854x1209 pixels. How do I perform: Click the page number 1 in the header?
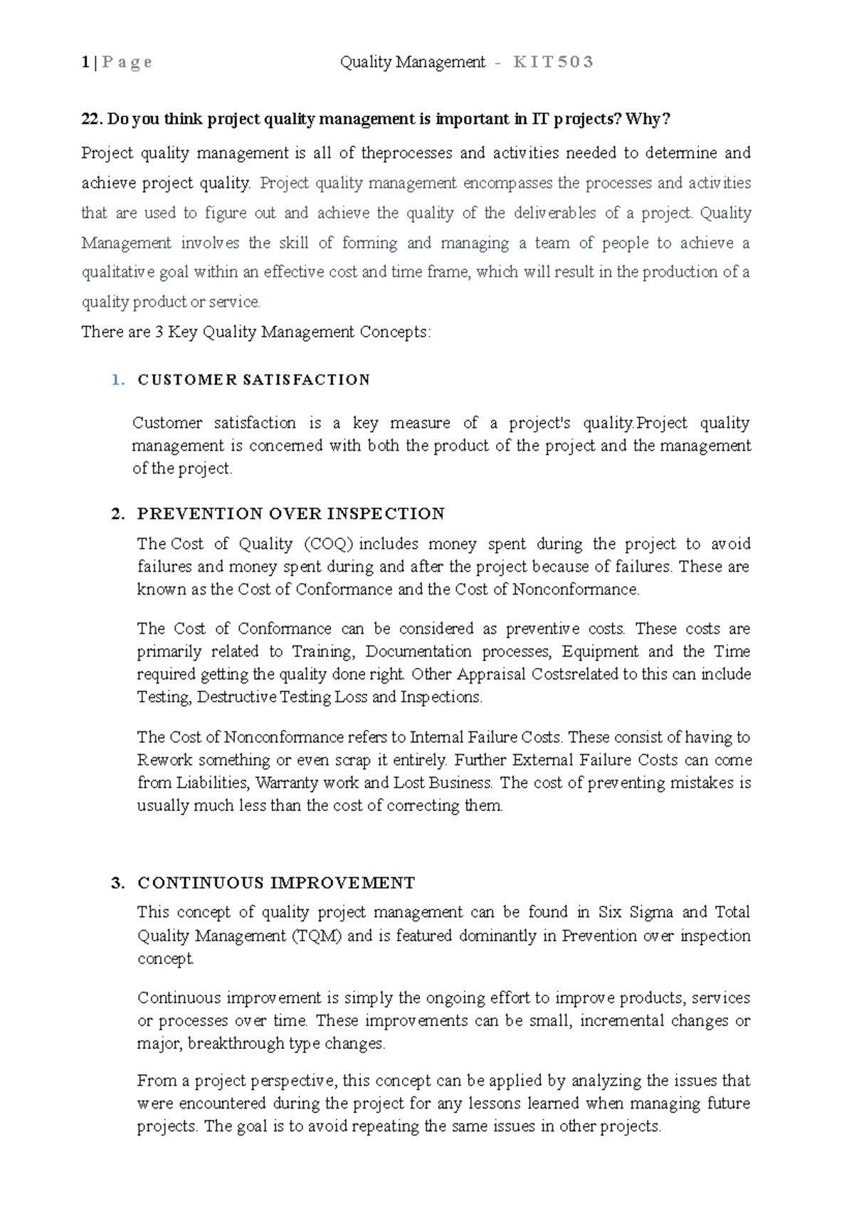pos(85,63)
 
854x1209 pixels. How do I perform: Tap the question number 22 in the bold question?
pos(90,120)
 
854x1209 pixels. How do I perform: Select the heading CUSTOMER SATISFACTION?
pos(254,380)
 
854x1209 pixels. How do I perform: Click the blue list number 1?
pos(117,380)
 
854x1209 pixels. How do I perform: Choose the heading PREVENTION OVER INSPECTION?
pos(290,513)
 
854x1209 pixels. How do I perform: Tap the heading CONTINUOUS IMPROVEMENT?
pos(276,883)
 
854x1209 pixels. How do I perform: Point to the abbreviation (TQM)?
pos(317,936)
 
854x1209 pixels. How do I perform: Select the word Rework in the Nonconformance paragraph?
pos(164,760)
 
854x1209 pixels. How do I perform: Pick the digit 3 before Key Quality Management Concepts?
pos(159,333)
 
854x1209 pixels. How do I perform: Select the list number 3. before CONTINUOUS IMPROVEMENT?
pos(118,883)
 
